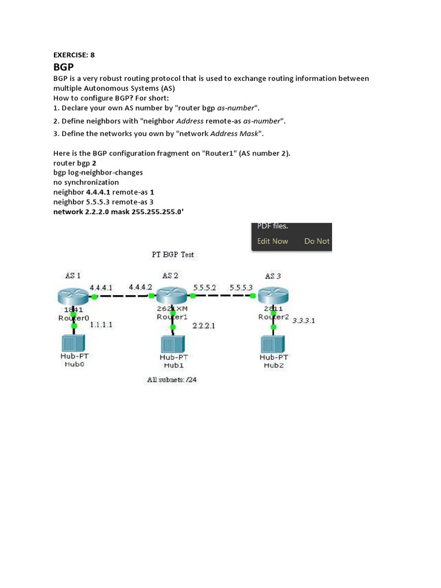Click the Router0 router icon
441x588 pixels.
tap(72, 297)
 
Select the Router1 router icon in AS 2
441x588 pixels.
tap(172, 296)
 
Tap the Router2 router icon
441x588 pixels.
tap(273, 297)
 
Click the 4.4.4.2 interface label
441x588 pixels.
tap(141, 287)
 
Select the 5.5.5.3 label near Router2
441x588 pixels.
tap(241, 287)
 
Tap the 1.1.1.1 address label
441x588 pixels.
tap(101, 324)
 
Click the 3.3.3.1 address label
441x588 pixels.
tap(303, 320)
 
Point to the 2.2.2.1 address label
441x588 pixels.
tap(203, 326)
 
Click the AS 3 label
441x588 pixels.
tap(273, 276)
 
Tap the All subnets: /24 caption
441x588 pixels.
tap(172, 380)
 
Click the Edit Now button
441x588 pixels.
tap(273, 241)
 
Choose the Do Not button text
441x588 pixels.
tap(317, 241)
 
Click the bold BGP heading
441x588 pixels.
tap(64, 67)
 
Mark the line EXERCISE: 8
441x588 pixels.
tap(74, 55)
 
